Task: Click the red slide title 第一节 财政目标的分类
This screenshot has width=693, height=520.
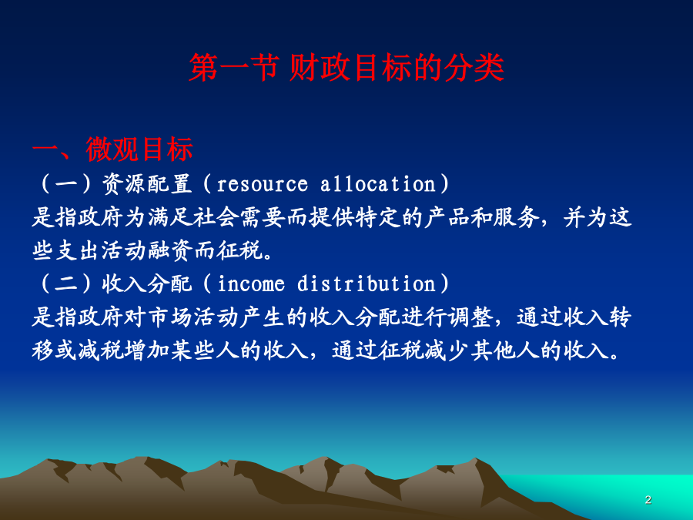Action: pyautogui.click(x=346, y=68)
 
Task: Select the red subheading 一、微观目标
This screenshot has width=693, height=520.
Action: pyautogui.click(x=112, y=149)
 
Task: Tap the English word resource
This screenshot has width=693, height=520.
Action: pyautogui.click(x=262, y=184)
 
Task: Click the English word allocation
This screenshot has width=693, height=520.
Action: pyautogui.click(x=378, y=183)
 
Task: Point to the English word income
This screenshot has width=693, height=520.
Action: pyautogui.click(x=251, y=283)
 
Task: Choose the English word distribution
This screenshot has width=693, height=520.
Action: pyautogui.click(x=367, y=283)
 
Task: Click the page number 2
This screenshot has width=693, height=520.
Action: pyautogui.click(x=648, y=500)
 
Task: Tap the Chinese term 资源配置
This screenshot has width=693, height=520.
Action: pyautogui.click(x=147, y=184)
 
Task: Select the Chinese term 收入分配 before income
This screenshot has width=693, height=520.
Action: pyautogui.click(x=147, y=283)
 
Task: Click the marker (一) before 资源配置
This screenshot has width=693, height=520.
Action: pyautogui.click(x=66, y=184)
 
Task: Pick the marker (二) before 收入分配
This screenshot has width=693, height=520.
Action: pyautogui.click(x=66, y=283)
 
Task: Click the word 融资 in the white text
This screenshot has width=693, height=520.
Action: pyautogui.click(x=171, y=250)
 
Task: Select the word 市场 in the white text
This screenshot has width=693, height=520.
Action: pyautogui.click(x=171, y=317)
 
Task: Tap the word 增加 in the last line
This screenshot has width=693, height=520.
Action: pyautogui.click(x=147, y=351)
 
